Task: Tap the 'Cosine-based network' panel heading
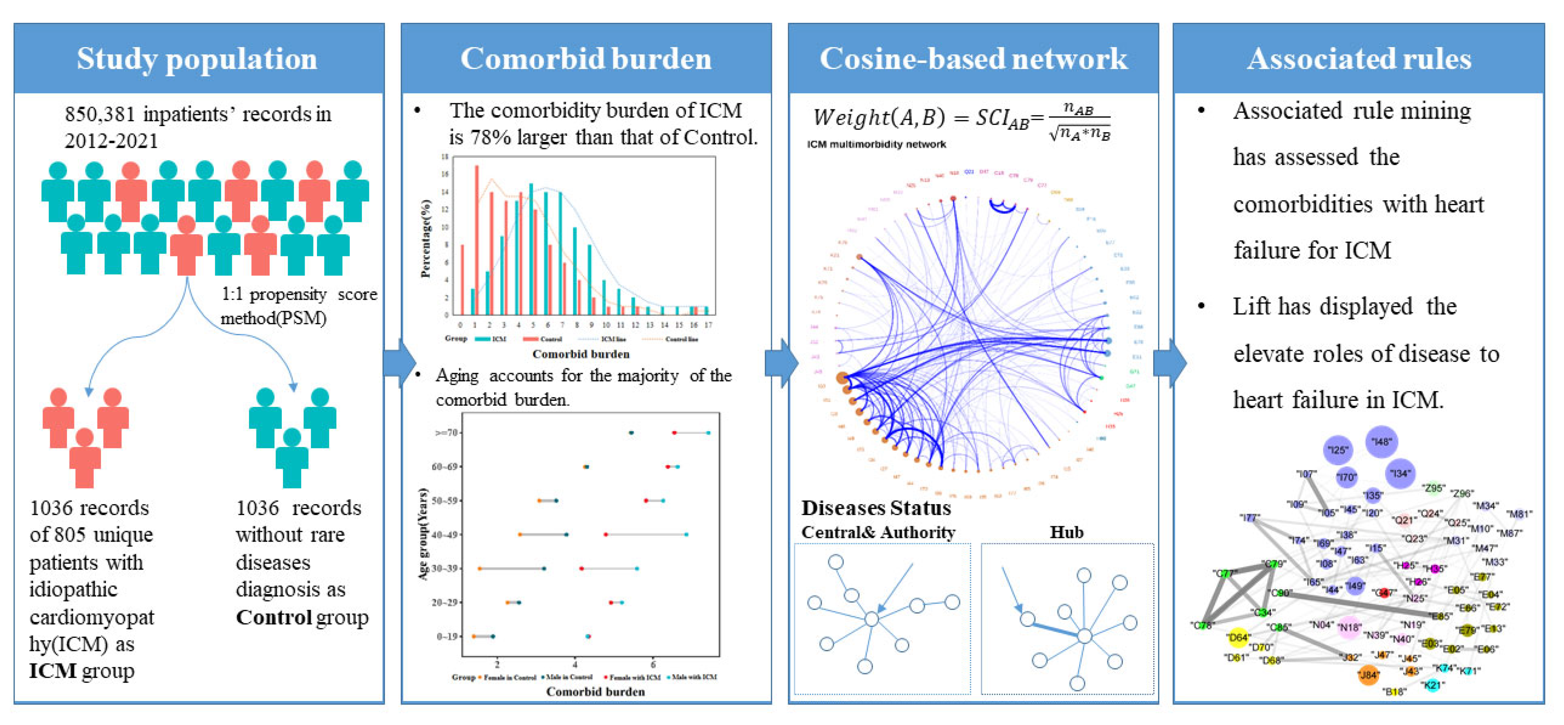tap(973, 59)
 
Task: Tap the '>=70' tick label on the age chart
tap(446, 433)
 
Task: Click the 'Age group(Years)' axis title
tap(423, 534)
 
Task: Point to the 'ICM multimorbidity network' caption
tap(876, 144)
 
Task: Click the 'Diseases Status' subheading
tap(875, 508)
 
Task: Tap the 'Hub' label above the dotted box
tap(1066, 532)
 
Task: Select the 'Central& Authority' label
tap(878, 532)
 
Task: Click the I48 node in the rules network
tap(1381, 442)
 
